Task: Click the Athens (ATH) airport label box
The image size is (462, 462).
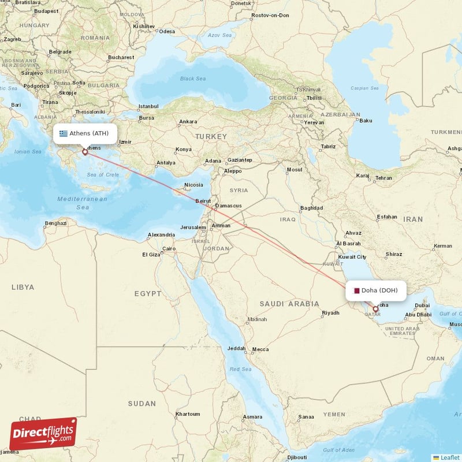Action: click(x=85, y=133)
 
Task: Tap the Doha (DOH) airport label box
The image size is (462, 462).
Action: click(x=376, y=290)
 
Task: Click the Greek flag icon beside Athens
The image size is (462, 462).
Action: click(x=64, y=133)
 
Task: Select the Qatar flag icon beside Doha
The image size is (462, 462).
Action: click(x=357, y=290)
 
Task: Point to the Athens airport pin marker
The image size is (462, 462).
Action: click(x=85, y=152)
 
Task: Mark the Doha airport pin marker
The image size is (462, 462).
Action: click(x=376, y=310)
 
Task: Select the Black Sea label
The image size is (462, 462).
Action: click(x=192, y=79)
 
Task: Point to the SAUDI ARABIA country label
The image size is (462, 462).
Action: click(x=289, y=303)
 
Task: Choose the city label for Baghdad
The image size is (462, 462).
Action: click(x=311, y=208)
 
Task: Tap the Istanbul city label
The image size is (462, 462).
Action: click(x=148, y=106)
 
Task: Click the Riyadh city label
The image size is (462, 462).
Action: click(x=330, y=313)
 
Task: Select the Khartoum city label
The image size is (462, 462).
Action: click(x=188, y=413)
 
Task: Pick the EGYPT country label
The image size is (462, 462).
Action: click(x=148, y=293)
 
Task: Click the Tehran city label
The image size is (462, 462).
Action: click(x=383, y=178)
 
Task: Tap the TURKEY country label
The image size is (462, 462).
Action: click(x=211, y=136)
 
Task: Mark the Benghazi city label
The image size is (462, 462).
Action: click(x=56, y=222)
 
